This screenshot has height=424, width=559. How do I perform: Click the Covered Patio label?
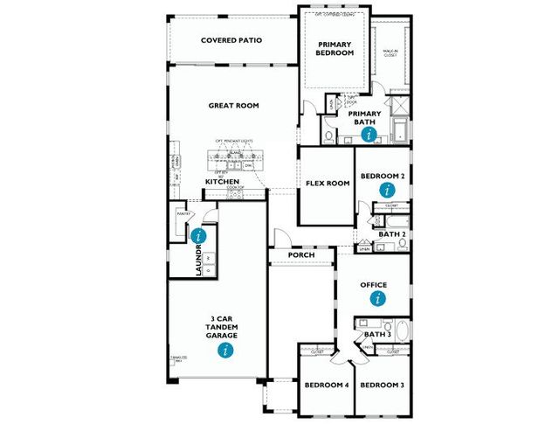(x=231, y=40)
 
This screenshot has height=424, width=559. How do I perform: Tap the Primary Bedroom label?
(x=335, y=49)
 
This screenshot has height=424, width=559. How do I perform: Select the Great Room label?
(x=233, y=106)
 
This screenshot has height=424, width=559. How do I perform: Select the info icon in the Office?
(x=378, y=298)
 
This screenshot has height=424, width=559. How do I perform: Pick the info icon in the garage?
(x=226, y=350)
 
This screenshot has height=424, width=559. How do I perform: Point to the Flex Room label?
(x=327, y=184)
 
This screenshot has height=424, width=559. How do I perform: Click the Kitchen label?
(x=222, y=182)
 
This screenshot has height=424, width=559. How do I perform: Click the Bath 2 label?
(x=390, y=234)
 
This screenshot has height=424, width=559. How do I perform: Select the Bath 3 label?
(x=377, y=335)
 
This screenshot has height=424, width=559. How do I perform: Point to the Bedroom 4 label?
(x=326, y=386)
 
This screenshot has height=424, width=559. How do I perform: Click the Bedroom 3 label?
(x=382, y=386)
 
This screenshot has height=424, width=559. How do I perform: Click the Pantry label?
(x=184, y=213)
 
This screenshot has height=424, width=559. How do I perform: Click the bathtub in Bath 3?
(x=401, y=333)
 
